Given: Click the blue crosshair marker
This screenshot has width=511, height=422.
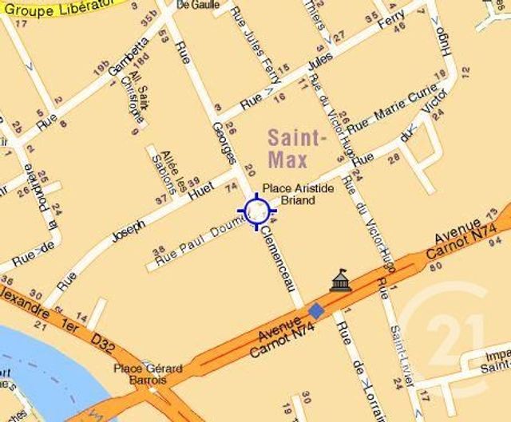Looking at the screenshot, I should tap(256, 211).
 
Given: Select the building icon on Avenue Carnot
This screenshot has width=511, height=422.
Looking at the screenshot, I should tap(341, 280).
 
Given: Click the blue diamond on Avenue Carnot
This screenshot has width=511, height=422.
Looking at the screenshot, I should tap(316, 310).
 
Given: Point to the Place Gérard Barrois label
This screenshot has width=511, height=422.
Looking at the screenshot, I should tap(148, 374).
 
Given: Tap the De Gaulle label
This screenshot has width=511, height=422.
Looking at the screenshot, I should tap(197, 5).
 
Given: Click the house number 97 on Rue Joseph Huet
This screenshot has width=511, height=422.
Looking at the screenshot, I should tap(163, 197).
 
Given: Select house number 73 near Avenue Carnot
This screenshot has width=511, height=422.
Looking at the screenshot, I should tap(504, 211).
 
